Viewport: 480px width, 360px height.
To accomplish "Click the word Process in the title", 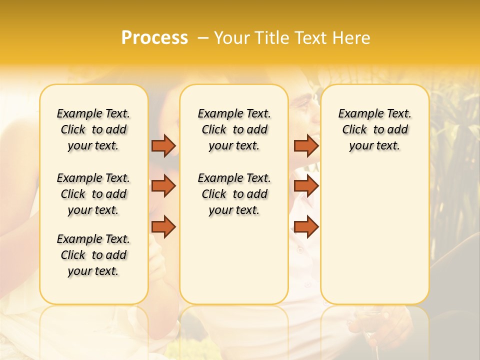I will coord(154,38).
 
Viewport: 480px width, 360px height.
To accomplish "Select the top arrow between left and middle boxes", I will coord(163,145).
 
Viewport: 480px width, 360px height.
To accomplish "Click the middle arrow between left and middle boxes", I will coord(163,186).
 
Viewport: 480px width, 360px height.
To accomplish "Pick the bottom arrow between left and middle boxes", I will coord(163,226).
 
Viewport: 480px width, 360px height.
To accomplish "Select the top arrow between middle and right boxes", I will coord(306,145).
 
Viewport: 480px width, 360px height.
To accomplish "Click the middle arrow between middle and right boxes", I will coord(306,186).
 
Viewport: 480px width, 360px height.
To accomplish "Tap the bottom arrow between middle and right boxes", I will coord(306,226).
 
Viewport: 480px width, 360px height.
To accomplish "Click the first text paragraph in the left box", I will coord(93,129).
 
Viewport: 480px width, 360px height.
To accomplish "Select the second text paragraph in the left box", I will coord(93,194).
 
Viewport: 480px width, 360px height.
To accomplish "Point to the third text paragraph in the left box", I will coord(93,255).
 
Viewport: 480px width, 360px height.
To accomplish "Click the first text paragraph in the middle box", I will coord(234,129).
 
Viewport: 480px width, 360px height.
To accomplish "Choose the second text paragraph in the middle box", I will coord(234,194).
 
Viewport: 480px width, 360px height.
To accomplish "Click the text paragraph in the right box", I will coord(374,129).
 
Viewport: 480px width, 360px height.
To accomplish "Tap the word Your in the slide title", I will coord(230,38).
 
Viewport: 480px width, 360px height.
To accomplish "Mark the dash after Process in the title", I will coord(202,38).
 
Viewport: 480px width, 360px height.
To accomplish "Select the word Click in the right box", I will coord(354,130).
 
